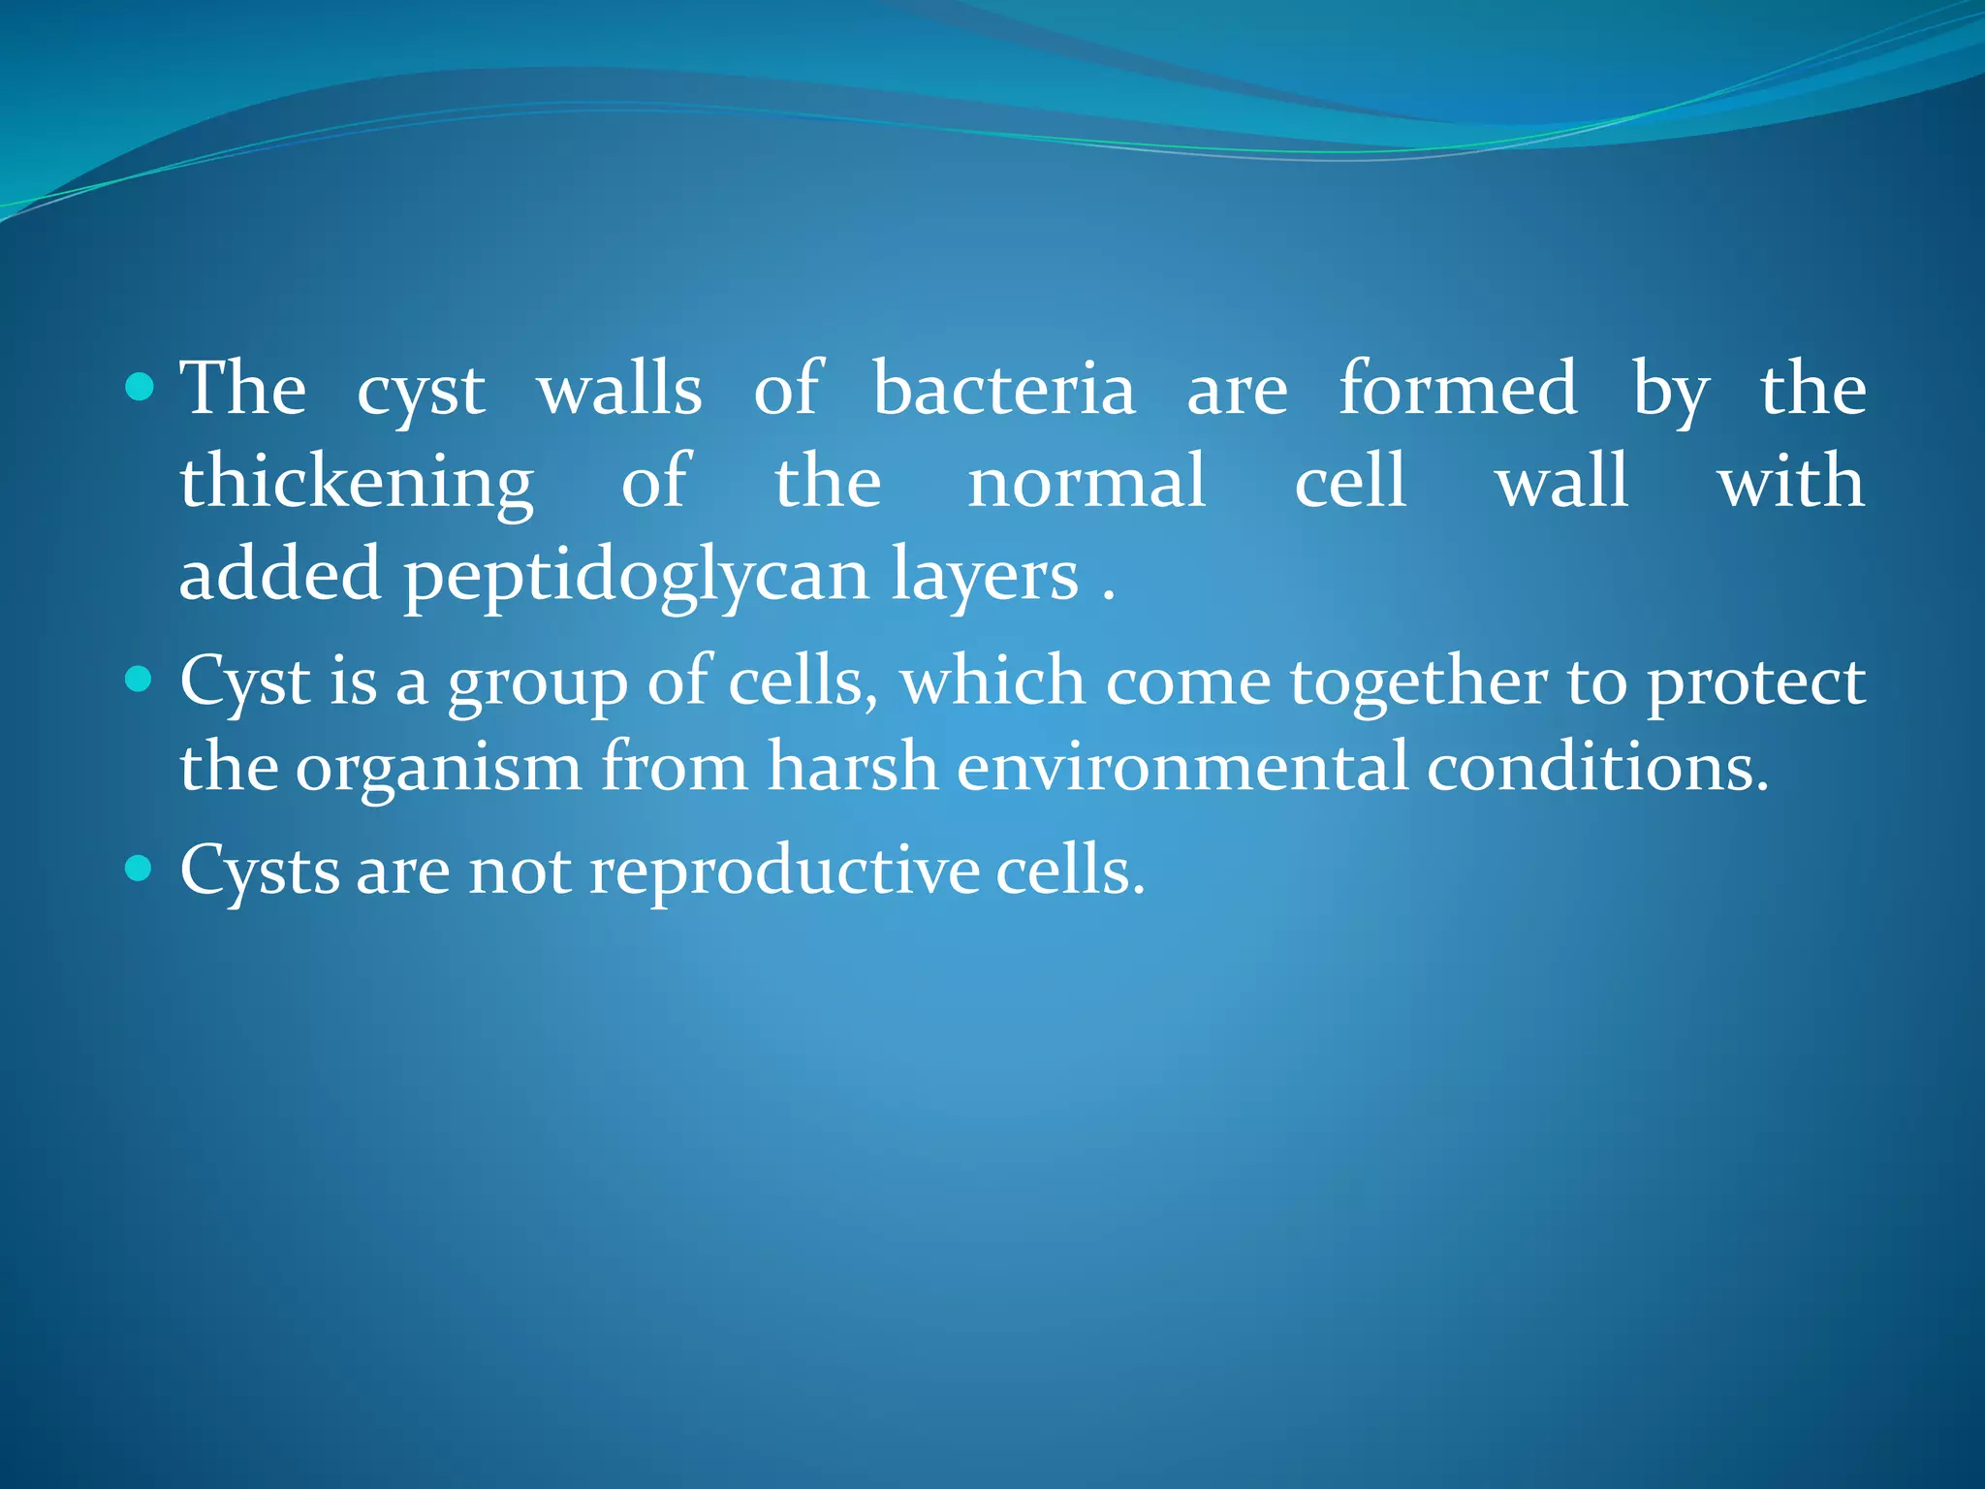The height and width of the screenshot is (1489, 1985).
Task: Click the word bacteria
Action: click(1004, 390)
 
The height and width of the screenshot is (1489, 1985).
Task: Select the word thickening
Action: click(357, 483)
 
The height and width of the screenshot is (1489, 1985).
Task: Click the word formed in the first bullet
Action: click(1459, 390)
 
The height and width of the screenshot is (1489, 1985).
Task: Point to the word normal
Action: click(1087, 483)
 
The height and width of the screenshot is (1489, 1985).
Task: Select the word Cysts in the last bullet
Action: click(260, 871)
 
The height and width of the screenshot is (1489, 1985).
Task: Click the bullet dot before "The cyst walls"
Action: click(141, 389)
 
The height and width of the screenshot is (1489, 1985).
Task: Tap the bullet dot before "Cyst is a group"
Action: click(141, 680)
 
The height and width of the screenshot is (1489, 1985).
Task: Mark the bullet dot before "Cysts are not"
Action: click(141, 868)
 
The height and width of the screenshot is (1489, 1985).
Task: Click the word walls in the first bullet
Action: click(620, 390)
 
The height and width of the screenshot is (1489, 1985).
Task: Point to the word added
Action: click(280, 575)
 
